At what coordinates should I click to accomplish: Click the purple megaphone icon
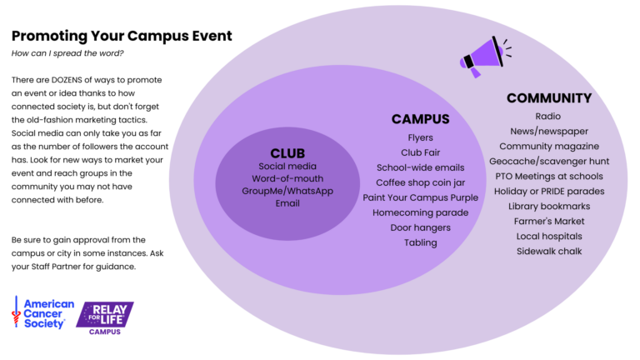click(484, 56)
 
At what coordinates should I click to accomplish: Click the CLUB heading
click(287, 153)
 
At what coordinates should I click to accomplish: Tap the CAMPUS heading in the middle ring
click(420, 119)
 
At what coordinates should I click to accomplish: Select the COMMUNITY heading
click(548, 98)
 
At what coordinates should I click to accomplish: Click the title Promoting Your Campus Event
click(122, 36)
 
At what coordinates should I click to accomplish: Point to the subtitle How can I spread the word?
click(67, 53)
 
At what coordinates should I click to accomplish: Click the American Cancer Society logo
click(42, 313)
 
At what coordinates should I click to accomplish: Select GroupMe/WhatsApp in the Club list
click(287, 190)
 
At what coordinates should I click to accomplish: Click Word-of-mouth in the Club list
click(287, 178)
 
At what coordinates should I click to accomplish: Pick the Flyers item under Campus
click(420, 137)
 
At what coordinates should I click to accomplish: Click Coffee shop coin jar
click(420, 182)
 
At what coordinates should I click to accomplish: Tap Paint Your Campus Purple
click(420, 197)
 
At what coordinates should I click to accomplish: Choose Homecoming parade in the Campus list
click(420, 212)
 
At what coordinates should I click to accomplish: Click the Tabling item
click(420, 242)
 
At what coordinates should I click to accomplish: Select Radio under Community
click(548, 116)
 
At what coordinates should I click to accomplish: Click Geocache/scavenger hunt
click(548, 161)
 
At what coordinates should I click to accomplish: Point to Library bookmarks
click(548, 206)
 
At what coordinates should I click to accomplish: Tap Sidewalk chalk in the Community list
click(548, 251)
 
